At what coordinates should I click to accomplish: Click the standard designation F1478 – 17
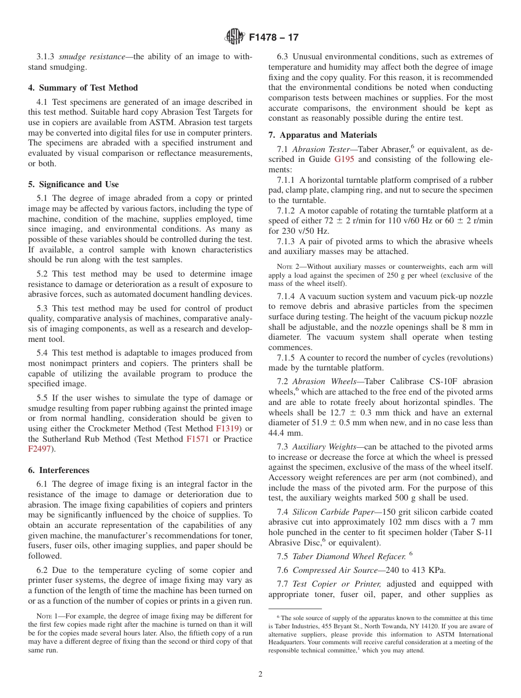(274, 38)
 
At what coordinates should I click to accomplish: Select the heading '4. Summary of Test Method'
(83, 88)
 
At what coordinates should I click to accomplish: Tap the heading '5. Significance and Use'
(73, 184)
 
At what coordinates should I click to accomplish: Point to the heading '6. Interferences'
(59, 470)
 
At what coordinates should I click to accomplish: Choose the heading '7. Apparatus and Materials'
(322, 135)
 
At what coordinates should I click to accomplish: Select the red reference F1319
(228, 428)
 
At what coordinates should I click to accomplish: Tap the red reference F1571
(197, 438)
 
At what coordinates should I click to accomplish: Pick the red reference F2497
(39, 449)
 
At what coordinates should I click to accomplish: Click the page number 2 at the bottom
(260, 674)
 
